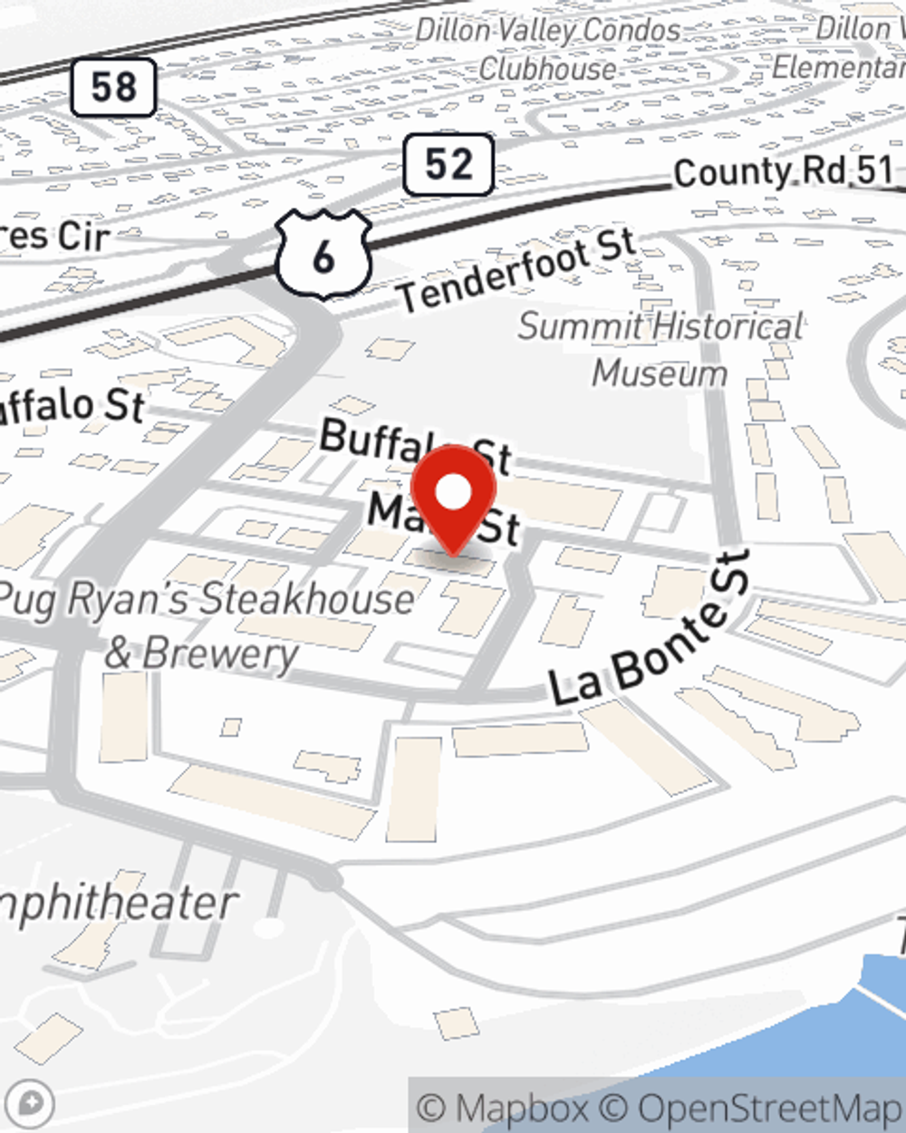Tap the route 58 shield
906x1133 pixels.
tap(113, 88)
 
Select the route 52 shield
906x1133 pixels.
tap(448, 164)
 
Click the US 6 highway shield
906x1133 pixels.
tap(323, 257)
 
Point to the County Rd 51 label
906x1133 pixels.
tap(783, 171)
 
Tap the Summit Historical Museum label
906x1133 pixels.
tap(660, 349)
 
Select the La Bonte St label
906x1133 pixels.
tap(651, 629)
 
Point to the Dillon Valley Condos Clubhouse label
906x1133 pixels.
tap(548, 49)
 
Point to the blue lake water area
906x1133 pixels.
tap(815, 1042)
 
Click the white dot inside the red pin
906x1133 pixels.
tap(453, 492)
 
